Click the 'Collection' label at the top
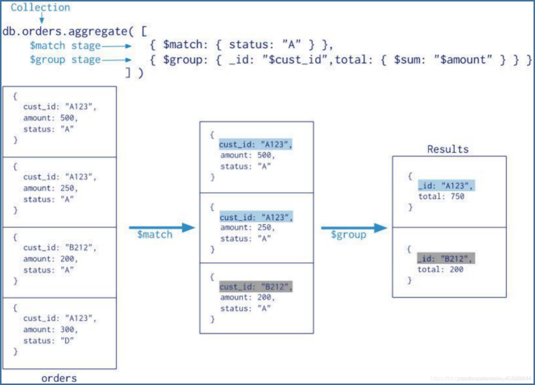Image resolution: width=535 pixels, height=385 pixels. pyautogui.click(x=40, y=7)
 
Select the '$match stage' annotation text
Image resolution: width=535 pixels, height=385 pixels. pyautogui.click(x=65, y=46)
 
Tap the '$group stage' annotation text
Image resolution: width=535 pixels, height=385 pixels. pyautogui.click(x=65, y=60)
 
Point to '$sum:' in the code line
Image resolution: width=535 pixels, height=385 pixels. pyautogui.click(x=409, y=60)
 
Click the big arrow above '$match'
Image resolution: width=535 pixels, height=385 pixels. pyautogui.click(x=161, y=227)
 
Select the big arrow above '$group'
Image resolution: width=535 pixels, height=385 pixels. pyautogui.click(x=354, y=227)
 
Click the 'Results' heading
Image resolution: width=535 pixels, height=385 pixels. pyautogui.click(x=448, y=149)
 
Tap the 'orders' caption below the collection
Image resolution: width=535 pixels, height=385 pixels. pyautogui.click(x=59, y=378)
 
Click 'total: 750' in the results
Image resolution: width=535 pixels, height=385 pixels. pyautogui.click(x=441, y=197)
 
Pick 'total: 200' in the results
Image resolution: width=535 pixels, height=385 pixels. pyautogui.click(x=440, y=270)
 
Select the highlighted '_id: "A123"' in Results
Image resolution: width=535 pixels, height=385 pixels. pyautogui.click(x=446, y=185)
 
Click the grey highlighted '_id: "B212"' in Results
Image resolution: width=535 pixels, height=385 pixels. pyautogui.click(x=445, y=258)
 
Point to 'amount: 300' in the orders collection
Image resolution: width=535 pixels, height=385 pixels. pyautogui.click(x=50, y=330)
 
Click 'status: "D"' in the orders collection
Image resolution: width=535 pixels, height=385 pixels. pyautogui.click(x=48, y=341)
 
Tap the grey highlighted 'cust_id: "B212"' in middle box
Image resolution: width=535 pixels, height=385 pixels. pyautogui.click(x=256, y=287)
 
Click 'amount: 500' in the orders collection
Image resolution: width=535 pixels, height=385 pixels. pyautogui.click(x=50, y=118)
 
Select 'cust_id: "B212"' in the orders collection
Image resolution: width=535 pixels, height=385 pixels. pyautogui.click(x=60, y=248)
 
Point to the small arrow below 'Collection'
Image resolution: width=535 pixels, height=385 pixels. pyautogui.click(x=41, y=18)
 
